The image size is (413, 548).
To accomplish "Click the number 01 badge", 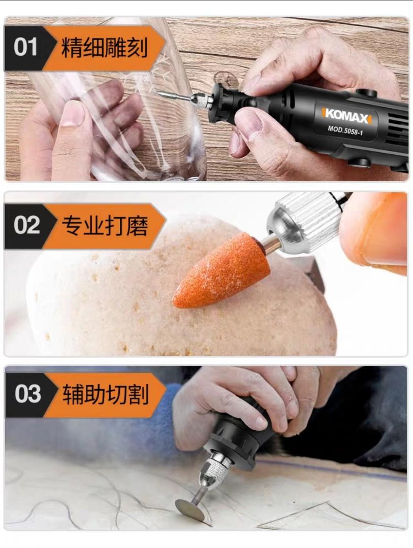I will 25,48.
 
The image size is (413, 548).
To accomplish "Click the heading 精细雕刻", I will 105,48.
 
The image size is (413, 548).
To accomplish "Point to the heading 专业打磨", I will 105,225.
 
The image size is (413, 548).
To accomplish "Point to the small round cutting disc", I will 189,509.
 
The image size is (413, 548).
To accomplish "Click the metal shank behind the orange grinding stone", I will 271,243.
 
